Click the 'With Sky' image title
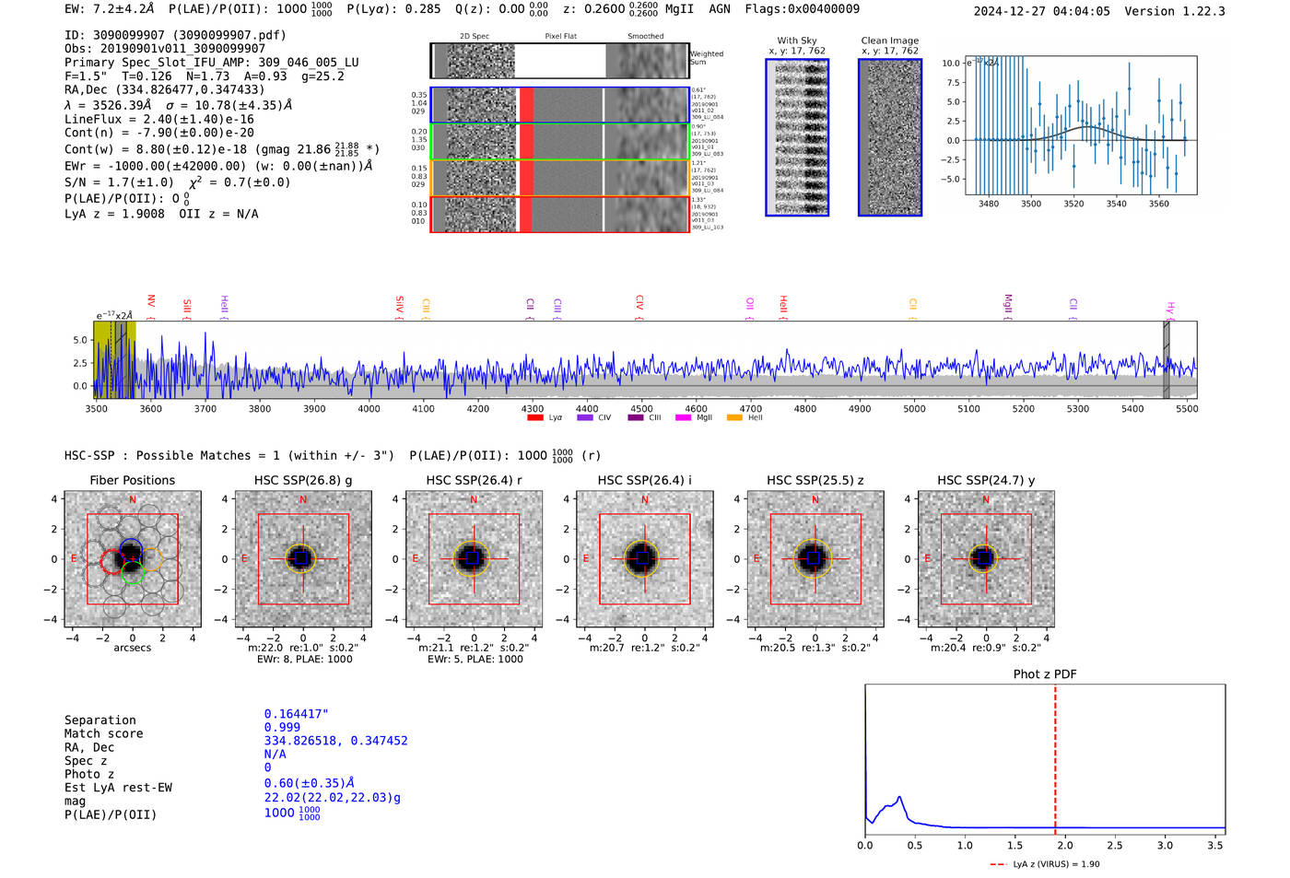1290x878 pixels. (x=796, y=41)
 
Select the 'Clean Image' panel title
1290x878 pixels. (x=889, y=41)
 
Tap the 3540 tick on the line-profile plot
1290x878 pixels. (x=1116, y=204)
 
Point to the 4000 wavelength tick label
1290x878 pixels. (x=369, y=408)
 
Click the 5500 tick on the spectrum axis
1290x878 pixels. (x=1187, y=408)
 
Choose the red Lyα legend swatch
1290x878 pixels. (x=534, y=417)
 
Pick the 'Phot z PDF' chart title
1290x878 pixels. (x=1044, y=673)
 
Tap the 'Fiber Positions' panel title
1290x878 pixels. (x=132, y=480)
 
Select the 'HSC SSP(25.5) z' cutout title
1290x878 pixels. (x=815, y=480)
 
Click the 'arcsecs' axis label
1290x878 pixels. (x=132, y=648)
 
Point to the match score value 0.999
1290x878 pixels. (x=282, y=727)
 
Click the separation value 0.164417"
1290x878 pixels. (x=296, y=714)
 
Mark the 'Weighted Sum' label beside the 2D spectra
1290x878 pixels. (x=706, y=57)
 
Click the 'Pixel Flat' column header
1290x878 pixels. (x=560, y=36)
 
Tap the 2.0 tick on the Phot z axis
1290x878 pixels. (x=1064, y=845)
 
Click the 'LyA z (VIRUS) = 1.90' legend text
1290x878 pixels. (x=1056, y=864)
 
